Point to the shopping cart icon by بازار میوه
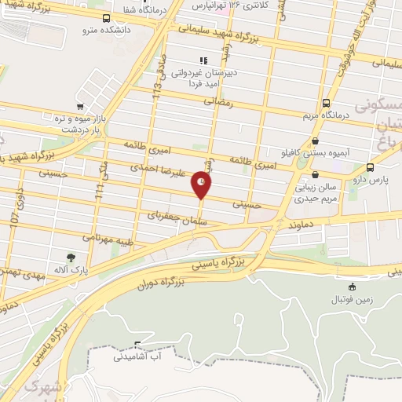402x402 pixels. (79, 107)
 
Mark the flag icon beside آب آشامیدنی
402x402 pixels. (137, 345)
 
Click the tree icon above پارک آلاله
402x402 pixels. (71, 257)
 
